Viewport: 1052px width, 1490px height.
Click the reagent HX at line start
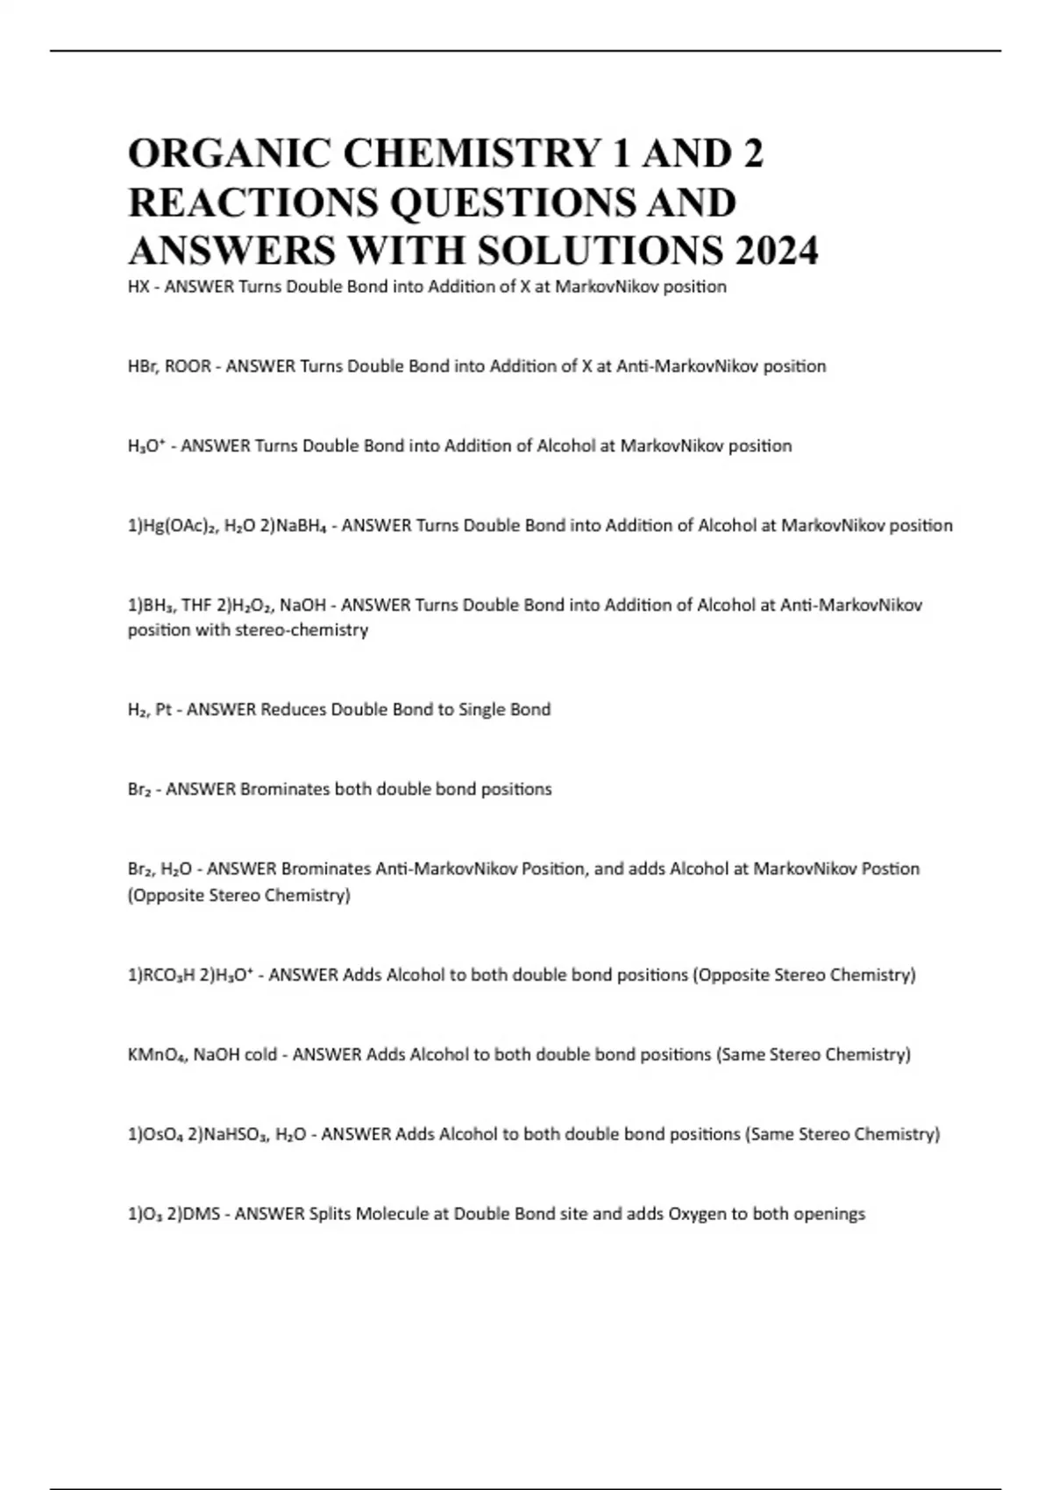(x=138, y=287)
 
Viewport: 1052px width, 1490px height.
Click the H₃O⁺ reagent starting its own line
(x=147, y=446)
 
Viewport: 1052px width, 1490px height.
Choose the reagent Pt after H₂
(x=163, y=710)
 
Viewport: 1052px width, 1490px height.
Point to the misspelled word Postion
(x=891, y=869)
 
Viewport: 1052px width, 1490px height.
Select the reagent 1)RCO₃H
(x=162, y=975)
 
